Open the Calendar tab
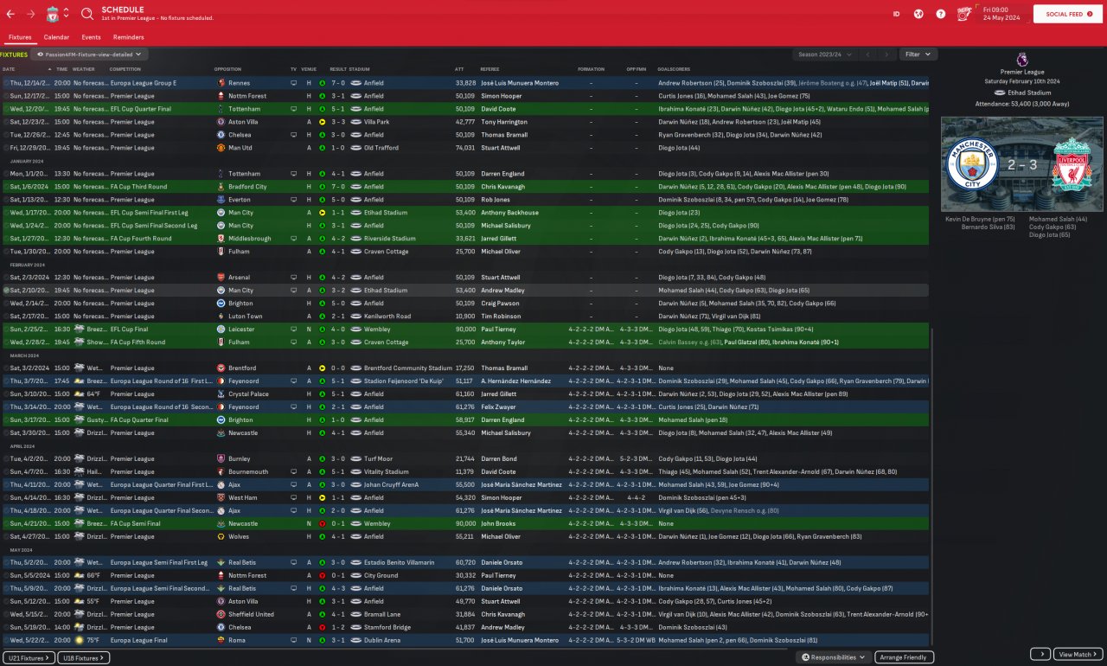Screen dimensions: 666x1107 56,37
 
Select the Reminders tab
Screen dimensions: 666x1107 128,37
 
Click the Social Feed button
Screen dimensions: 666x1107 1064,14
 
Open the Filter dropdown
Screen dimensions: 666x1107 918,54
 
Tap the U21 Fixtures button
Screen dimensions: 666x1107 29,658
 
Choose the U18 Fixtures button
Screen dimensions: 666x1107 84,658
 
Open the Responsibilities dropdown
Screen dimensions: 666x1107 834,657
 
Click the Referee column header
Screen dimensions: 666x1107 490,69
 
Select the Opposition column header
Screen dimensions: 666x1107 227,69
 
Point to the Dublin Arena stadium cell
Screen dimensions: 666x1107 380,640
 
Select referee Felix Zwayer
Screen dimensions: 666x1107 499,407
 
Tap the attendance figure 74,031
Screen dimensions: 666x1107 465,148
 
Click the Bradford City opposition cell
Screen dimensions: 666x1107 246,187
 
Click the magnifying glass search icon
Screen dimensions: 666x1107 87,14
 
